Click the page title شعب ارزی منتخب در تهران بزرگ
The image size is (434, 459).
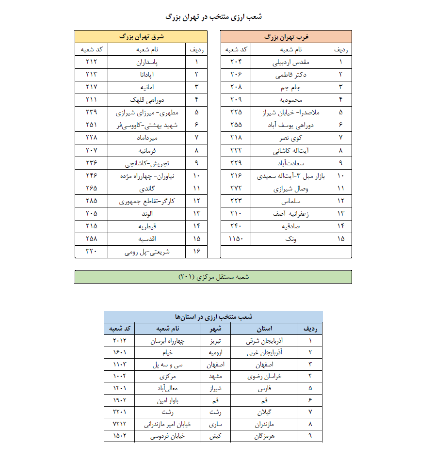[214, 16]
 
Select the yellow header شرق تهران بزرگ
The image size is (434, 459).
[141, 36]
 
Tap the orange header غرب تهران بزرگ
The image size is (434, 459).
[286, 36]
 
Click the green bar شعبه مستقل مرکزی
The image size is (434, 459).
[213, 276]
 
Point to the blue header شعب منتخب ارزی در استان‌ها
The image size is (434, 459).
[213, 317]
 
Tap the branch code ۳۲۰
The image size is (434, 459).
[92, 252]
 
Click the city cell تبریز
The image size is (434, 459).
[215, 341]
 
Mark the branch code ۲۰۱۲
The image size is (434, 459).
[119, 341]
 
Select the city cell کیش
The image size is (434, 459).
[215, 436]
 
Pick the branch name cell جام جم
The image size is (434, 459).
[292, 87]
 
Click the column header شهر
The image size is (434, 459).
[215, 329]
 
